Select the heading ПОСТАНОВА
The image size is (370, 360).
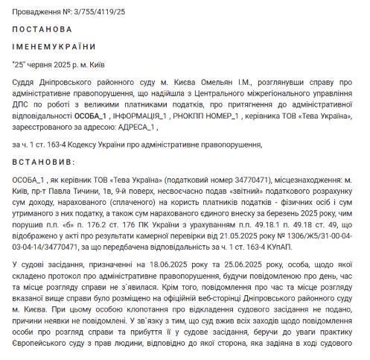pos(42,30)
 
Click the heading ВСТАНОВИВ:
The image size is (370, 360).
pos(44,162)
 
